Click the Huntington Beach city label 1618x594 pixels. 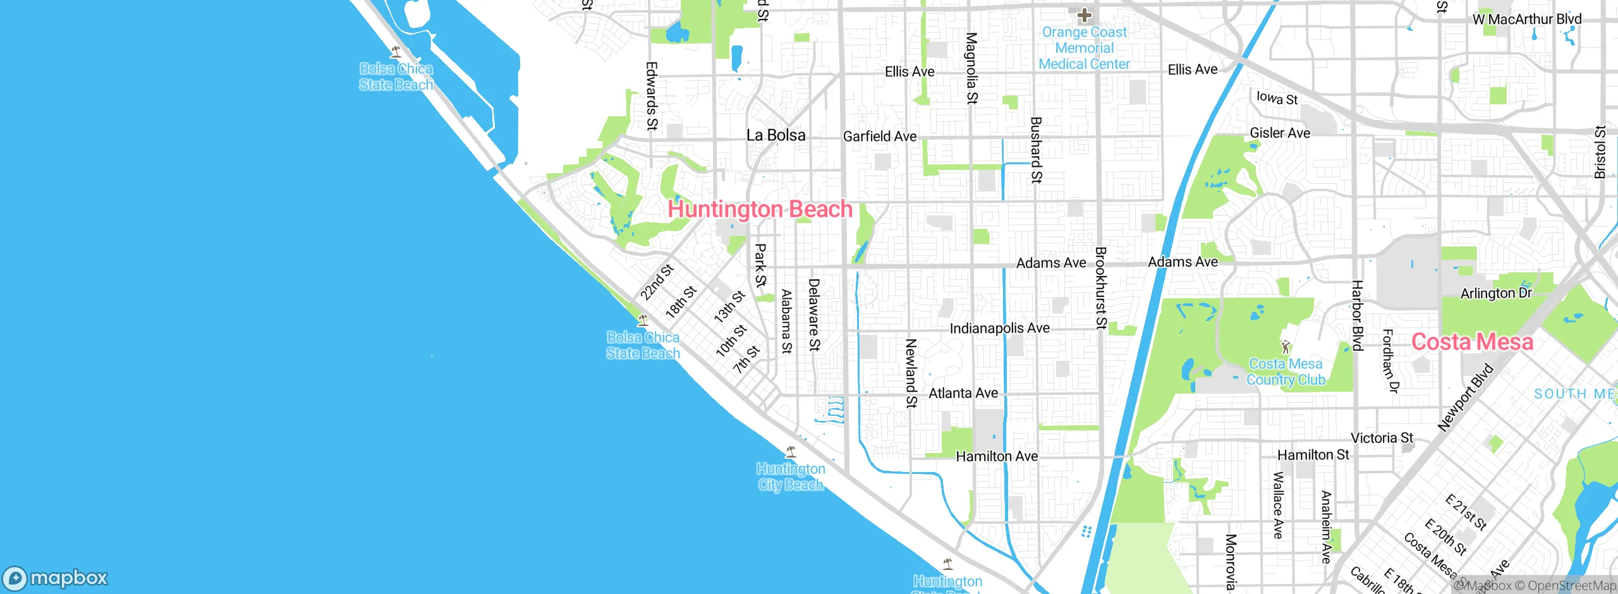coord(760,209)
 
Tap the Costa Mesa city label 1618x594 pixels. coord(1472,342)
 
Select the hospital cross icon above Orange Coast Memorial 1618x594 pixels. coord(1085,15)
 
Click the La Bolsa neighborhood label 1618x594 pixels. coord(776,135)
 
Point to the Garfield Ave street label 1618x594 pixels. coord(879,136)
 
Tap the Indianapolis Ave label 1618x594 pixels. coord(999,329)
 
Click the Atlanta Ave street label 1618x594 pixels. coord(963,393)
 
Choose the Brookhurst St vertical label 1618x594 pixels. coord(1100,288)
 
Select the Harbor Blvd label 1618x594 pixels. coord(1357,315)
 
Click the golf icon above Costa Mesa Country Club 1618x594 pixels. coord(1285,346)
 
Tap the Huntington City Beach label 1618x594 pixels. coord(791,477)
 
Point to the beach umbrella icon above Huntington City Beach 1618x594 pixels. coord(790,452)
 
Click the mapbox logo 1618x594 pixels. coord(56,578)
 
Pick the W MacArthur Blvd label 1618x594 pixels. coord(1526,20)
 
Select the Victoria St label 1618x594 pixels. coord(1382,438)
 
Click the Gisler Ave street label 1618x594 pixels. coord(1280,133)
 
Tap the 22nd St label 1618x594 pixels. coord(657,282)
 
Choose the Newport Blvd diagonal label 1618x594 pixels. coord(1465,398)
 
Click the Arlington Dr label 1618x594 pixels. coord(1495,293)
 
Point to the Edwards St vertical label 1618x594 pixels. coord(652,96)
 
